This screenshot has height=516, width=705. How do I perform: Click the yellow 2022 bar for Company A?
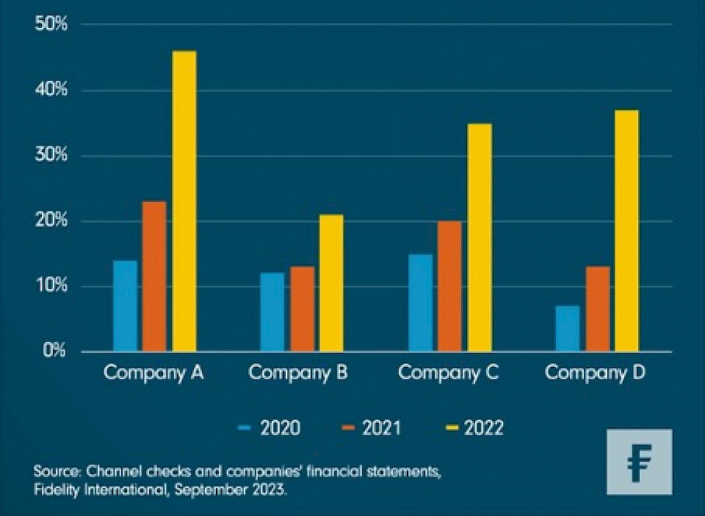pos(184,201)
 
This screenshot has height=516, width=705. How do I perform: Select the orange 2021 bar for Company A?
pos(154,276)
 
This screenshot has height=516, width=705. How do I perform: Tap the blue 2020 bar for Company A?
pos(125,305)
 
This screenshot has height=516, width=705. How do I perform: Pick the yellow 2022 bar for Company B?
pos(330,282)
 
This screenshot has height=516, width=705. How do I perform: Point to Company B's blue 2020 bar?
pos(272,312)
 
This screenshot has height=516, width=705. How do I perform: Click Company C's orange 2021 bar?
pos(449,285)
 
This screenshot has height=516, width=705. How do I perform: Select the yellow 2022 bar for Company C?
pos(479,237)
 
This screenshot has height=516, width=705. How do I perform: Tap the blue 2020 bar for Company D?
pos(568,328)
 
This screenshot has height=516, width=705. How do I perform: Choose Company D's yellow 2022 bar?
pos(626,230)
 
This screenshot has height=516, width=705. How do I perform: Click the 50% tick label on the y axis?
pos(51,24)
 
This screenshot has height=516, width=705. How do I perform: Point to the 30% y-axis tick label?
pos(51,156)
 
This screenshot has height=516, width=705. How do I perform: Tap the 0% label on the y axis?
pos(54,351)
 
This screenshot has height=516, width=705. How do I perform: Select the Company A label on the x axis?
pos(153,373)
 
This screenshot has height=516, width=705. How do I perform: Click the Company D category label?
pos(596,373)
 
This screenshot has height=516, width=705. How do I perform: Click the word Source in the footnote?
pos(57,470)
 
